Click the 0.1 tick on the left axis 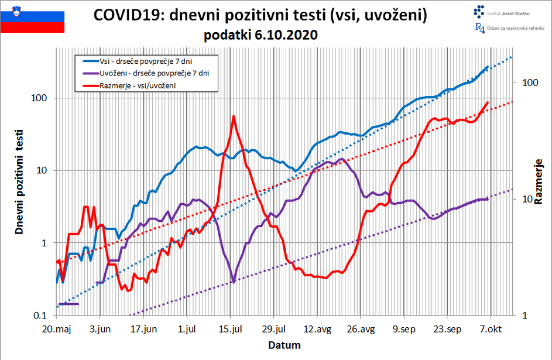tap(40, 316)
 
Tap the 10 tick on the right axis tap(526, 199)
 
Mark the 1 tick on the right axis tap(523, 316)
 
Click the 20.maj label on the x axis tap(57, 329)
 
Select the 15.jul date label tap(231, 329)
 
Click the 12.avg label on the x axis tap(318, 329)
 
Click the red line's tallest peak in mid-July tap(234, 116)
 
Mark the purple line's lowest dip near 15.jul tap(234, 282)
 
